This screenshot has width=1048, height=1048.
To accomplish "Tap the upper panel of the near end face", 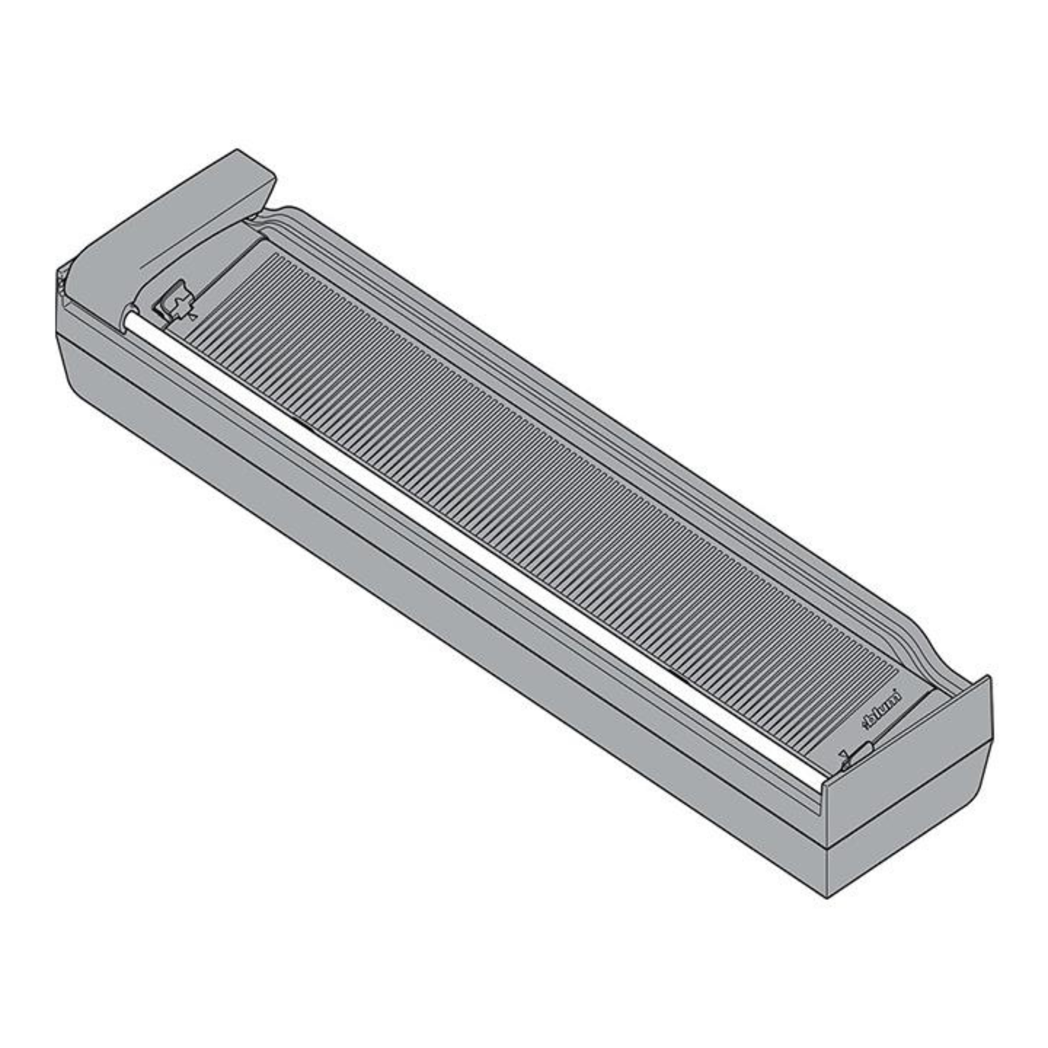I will coord(911,759).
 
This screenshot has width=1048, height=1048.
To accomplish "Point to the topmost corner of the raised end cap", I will coord(237,150).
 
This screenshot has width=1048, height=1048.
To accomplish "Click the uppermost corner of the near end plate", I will coord(988,676).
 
